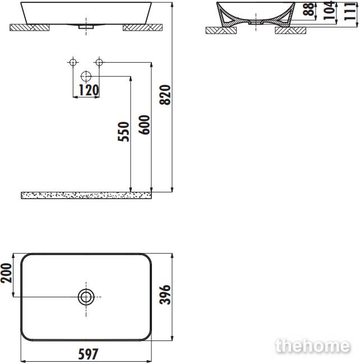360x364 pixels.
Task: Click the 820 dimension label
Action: [165, 95]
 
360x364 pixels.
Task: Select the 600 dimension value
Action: [144, 125]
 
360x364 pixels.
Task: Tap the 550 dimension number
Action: [123, 131]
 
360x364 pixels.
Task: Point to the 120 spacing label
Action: [89, 90]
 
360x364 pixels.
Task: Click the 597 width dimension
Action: [88, 354]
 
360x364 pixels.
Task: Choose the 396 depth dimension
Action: [165, 294]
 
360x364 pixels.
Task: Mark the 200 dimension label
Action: [6, 273]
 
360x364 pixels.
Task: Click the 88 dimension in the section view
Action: [308, 9]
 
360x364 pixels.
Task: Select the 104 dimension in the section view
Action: [330, 10]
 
